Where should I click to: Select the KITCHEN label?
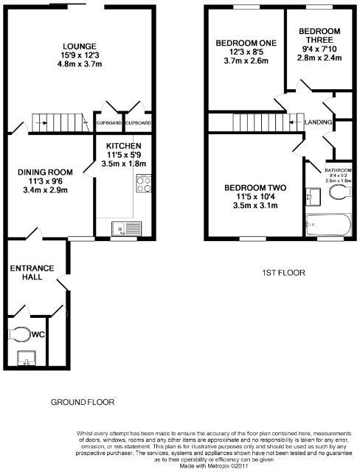(x=123, y=147)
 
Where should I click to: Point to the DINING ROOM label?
(x=44, y=172)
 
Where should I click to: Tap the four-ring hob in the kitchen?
(x=143, y=183)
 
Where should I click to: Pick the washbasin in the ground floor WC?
(x=27, y=359)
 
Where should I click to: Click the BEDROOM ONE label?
(x=246, y=44)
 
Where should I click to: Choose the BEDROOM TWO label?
(x=252, y=187)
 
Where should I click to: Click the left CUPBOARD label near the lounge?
(x=108, y=122)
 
